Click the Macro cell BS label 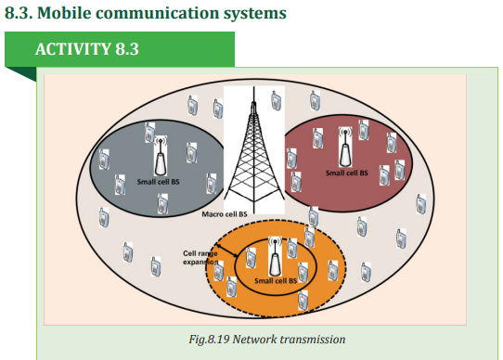click(225, 214)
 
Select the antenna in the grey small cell click(161, 156)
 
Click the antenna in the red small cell click(345, 148)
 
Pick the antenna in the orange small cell click(275, 256)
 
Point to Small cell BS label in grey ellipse click(158, 182)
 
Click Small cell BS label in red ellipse click(347, 173)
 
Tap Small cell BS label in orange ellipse click(276, 281)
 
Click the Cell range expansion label click(200, 258)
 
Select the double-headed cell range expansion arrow click(227, 251)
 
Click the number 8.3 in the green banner click(127, 49)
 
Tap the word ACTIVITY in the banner click(73, 49)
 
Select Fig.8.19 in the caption click(209, 340)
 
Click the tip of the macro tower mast click(253, 86)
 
